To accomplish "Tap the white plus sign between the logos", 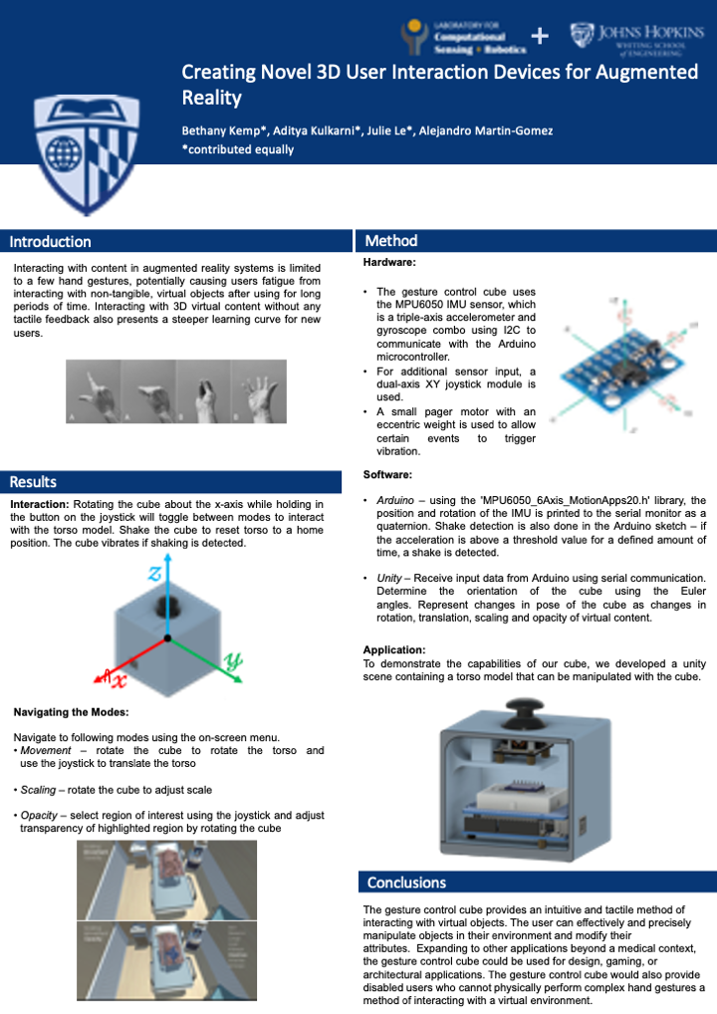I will point(540,36).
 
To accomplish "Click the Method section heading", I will point(390,241).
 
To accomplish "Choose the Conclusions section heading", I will point(406,883).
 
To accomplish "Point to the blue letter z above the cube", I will point(154,573).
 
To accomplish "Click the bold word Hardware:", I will point(389,263).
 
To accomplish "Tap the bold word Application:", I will point(394,649).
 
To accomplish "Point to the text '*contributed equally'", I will point(237,149).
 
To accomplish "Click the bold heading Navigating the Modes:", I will point(71,712).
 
